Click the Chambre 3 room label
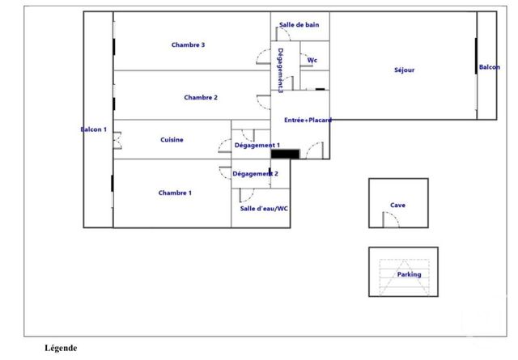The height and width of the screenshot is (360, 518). (x=188, y=45)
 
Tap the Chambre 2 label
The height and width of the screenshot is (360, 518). (x=201, y=97)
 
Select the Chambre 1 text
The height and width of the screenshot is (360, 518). (x=175, y=193)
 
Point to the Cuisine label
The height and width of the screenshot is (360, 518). (x=172, y=140)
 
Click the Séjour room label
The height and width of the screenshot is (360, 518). (x=405, y=70)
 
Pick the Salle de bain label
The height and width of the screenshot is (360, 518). (x=299, y=25)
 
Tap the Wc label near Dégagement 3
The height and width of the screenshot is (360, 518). (x=312, y=60)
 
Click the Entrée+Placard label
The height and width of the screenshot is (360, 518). (x=308, y=121)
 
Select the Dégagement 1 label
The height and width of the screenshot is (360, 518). (x=257, y=146)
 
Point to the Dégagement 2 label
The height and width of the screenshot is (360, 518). (x=255, y=174)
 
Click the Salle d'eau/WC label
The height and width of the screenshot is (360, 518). (x=264, y=209)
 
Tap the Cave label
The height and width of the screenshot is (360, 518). (x=397, y=205)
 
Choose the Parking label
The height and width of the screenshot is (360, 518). (x=409, y=274)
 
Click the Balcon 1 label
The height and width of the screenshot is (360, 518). (x=94, y=129)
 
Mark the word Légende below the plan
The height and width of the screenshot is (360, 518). (x=61, y=348)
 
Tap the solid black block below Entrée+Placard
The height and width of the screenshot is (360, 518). (x=286, y=154)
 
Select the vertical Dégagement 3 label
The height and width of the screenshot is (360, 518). (x=281, y=70)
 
